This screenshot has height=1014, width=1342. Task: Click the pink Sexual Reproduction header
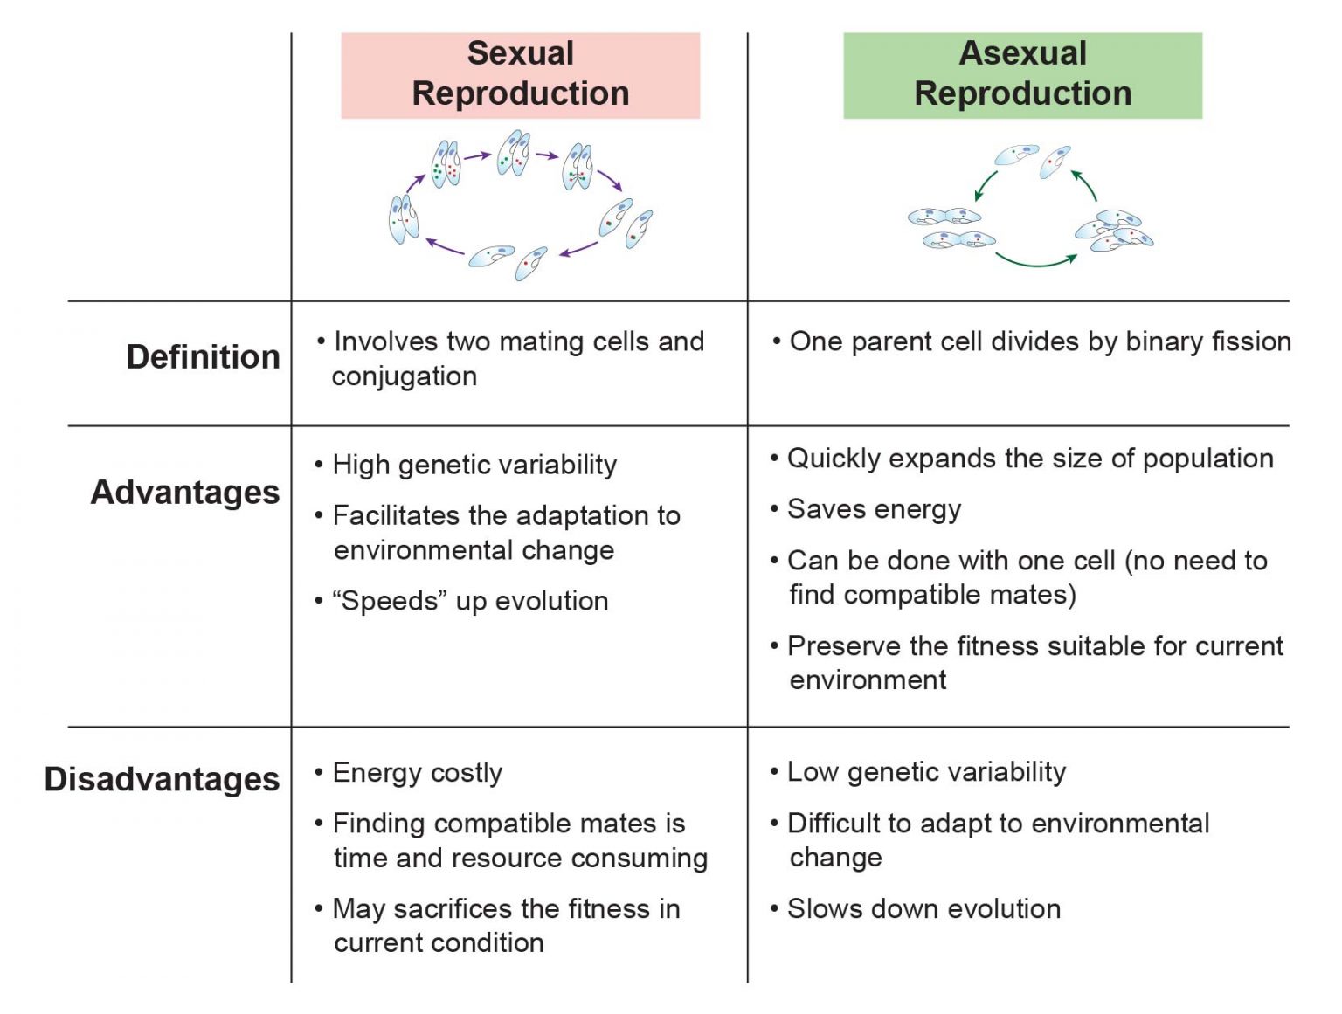click(x=520, y=74)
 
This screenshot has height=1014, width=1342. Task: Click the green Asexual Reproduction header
click(x=1022, y=74)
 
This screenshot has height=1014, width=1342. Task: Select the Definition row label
click(x=203, y=357)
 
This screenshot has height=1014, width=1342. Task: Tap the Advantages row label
click(x=185, y=493)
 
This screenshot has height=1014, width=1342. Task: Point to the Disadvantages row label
click(x=163, y=779)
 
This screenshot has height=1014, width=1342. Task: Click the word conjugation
click(x=404, y=376)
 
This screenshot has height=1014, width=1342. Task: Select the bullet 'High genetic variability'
click(x=474, y=465)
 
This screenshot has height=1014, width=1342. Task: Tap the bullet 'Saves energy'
click(x=874, y=509)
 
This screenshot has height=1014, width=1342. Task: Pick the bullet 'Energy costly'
click(x=417, y=773)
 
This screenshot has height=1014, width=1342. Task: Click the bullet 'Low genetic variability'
click(x=926, y=772)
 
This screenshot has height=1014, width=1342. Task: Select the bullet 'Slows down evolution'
click(x=923, y=909)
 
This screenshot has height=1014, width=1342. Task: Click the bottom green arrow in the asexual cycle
click(x=1036, y=260)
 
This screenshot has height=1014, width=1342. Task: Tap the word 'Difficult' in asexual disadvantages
click(x=834, y=824)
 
